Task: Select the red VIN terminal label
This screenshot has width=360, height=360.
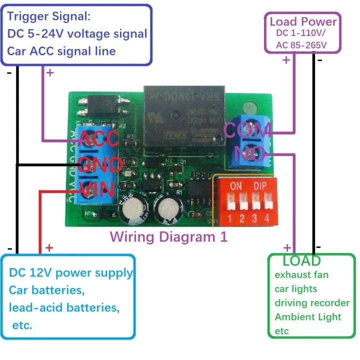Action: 98,189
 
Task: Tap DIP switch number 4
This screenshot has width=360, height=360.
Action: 268,205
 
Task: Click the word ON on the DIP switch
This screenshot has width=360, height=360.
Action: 235,185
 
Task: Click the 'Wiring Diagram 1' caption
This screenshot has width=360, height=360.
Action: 168,236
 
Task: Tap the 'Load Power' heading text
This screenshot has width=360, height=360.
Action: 303,21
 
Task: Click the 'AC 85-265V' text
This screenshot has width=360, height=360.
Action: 301,45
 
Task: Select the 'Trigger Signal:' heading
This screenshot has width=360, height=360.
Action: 49,16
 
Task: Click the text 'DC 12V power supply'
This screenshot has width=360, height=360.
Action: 71,273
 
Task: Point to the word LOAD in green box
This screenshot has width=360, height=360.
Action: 301,260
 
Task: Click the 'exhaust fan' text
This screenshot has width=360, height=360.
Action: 301,274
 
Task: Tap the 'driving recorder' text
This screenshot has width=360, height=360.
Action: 312,302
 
